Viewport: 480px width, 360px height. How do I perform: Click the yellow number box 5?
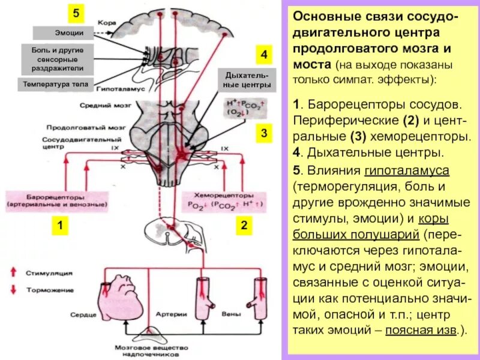(x=75, y=13)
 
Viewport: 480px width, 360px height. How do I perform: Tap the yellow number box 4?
(x=263, y=55)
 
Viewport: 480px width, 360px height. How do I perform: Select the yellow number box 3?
(x=263, y=133)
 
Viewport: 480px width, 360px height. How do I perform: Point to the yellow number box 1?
(x=60, y=226)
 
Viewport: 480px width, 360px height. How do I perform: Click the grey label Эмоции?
(x=62, y=33)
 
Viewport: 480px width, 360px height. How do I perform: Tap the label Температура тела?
(x=56, y=85)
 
